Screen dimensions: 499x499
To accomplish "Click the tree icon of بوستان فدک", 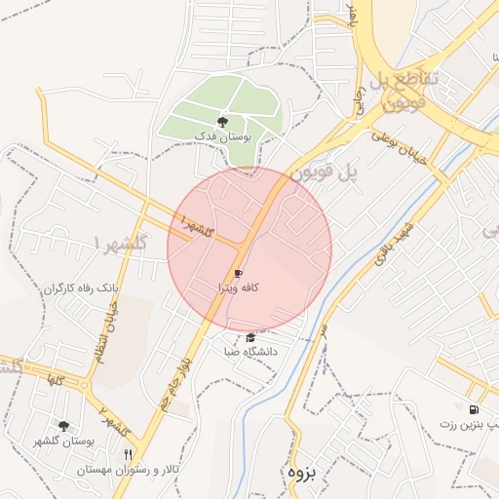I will coord(223,122).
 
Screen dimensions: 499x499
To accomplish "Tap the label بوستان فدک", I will coord(223,137).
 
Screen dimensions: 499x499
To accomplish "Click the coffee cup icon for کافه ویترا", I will coord(238,274).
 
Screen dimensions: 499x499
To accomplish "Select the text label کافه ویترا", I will coord(239,289).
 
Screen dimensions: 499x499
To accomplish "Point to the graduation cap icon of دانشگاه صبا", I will coord(249,337).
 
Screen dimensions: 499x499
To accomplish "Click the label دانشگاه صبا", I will coord(250,351).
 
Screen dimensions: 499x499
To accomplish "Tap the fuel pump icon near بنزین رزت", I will coord(474,410).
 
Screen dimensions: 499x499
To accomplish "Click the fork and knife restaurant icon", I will coord(129,455).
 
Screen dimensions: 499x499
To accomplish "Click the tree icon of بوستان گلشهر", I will coord(64,426).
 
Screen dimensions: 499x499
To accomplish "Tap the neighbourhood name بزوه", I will coord(303,472).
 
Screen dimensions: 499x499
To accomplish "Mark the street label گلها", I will coord(48,377).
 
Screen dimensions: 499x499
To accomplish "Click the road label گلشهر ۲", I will coord(113,421).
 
